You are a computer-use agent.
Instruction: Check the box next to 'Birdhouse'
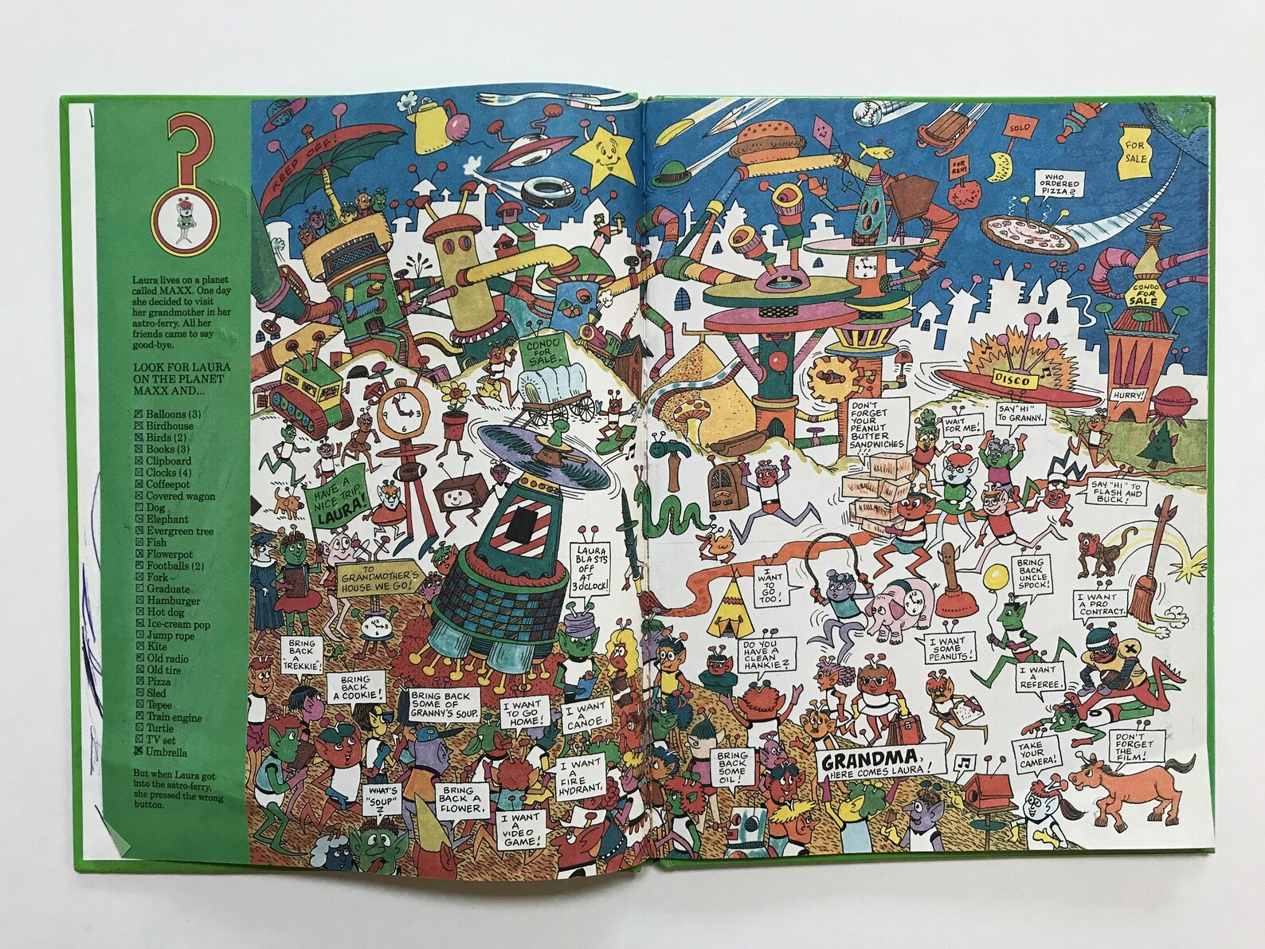pos(140,426)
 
